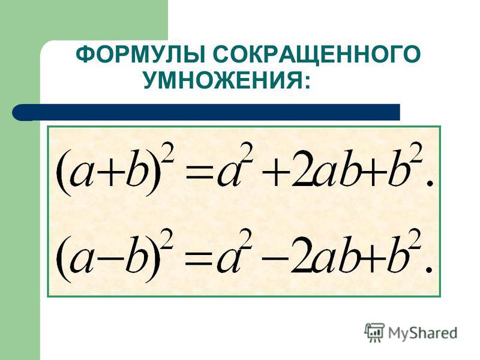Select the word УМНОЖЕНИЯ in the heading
[x=223, y=80]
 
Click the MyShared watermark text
[x=422, y=333]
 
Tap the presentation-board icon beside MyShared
[x=374, y=332]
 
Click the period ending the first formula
[x=430, y=183]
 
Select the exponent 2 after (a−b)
[x=167, y=240]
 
